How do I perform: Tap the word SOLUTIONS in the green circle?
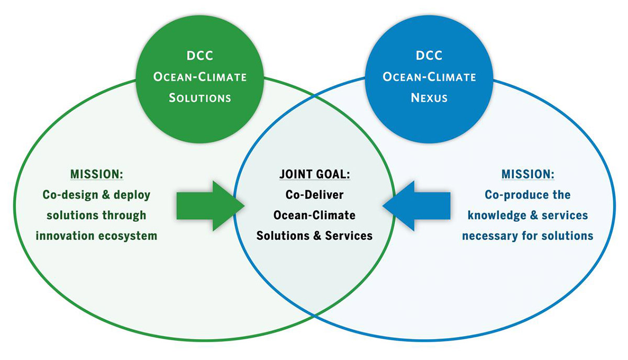[200, 98]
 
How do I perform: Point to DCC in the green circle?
[200, 56]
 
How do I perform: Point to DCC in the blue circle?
[429, 55]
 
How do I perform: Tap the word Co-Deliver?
[314, 195]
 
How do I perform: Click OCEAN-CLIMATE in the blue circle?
[429, 77]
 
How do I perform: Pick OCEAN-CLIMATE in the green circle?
[200, 77]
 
